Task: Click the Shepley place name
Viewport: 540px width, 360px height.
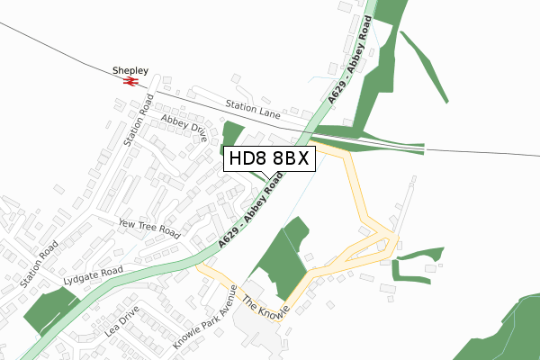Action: coord(129,68)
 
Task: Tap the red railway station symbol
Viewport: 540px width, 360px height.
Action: coord(130,81)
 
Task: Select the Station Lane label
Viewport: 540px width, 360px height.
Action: coord(253,109)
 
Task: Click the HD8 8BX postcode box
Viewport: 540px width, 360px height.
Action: coord(269,159)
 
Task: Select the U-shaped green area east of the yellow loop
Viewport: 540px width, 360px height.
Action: coord(419,265)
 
